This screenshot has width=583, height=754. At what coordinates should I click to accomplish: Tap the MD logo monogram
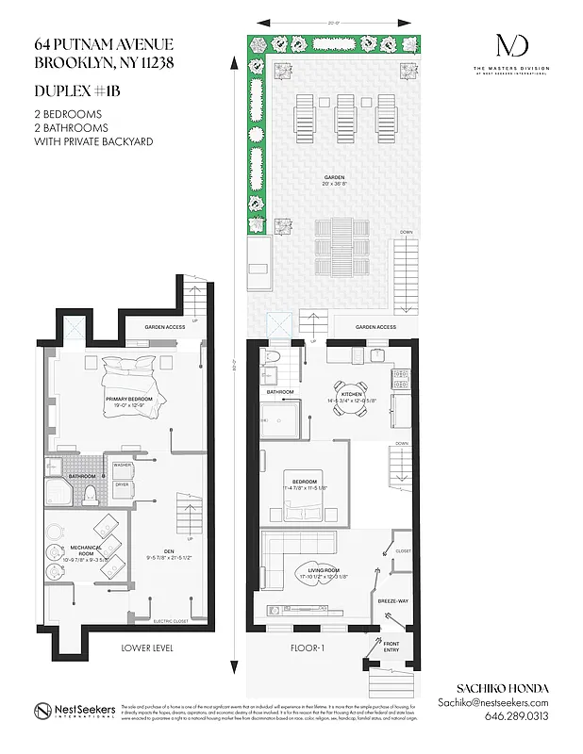512,44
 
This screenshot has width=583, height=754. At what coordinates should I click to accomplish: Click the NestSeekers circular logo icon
42,711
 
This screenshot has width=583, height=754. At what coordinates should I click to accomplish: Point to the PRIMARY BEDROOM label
130,399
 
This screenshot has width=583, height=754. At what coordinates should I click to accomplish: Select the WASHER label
122,465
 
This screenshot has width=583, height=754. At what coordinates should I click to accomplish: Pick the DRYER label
122,484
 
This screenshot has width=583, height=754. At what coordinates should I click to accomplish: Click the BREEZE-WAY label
391,600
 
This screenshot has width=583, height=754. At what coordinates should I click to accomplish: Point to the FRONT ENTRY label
391,647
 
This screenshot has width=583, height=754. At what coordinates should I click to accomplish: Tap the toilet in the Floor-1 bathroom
269,357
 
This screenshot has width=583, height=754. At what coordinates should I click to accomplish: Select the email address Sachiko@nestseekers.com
493,702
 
